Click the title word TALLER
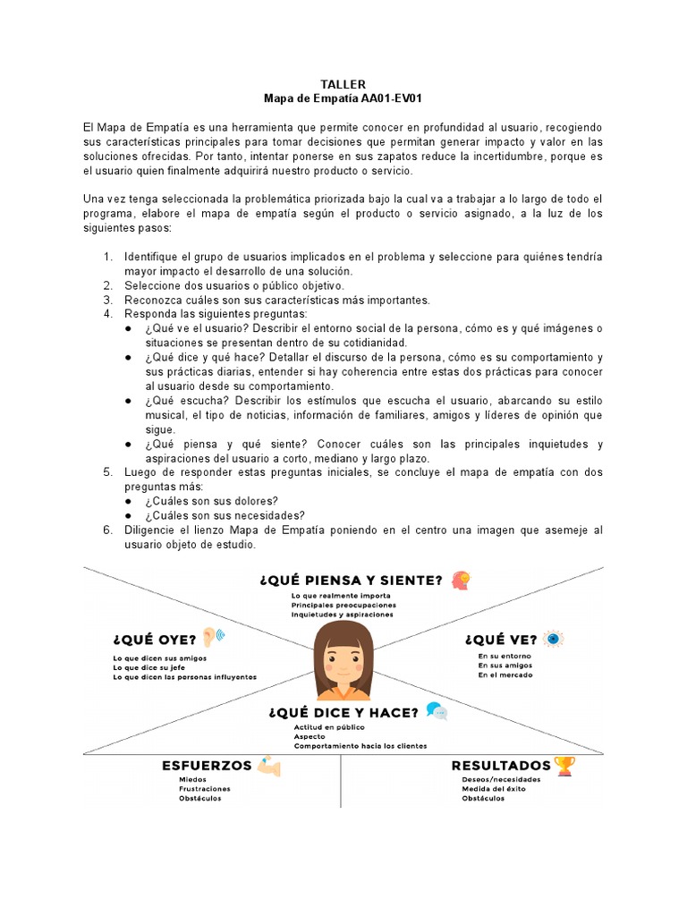click(343, 84)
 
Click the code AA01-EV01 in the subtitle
click(389, 98)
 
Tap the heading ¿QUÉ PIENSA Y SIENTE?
click(351, 581)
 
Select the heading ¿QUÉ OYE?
click(154, 640)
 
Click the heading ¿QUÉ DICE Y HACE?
click(343, 713)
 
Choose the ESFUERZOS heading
click(207, 766)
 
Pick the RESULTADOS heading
click(501, 766)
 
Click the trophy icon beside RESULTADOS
click(564, 766)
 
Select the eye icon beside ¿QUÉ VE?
click(556, 639)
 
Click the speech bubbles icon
click(437, 712)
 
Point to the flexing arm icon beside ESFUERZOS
click(268, 766)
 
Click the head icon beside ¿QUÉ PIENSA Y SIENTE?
click(461, 580)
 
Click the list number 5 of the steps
click(107, 471)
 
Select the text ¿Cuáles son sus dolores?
click(211, 500)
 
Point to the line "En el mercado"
click(505, 674)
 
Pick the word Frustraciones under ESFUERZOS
click(205, 789)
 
